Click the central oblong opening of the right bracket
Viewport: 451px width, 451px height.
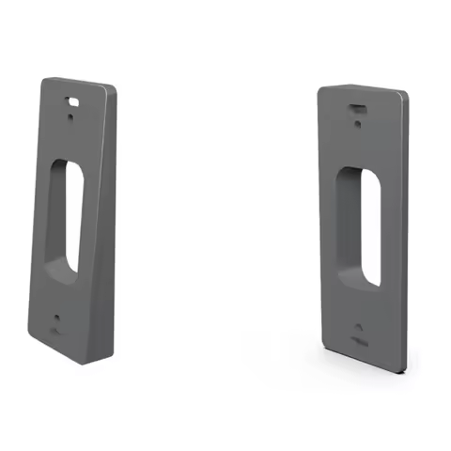(361, 226)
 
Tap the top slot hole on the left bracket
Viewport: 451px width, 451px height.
(73, 97)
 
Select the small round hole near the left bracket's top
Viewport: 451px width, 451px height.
(73, 111)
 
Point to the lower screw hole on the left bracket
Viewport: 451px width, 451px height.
(58, 319)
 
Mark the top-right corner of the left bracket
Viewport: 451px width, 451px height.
(114, 90)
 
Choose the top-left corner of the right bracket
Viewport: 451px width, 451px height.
(320, 88)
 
